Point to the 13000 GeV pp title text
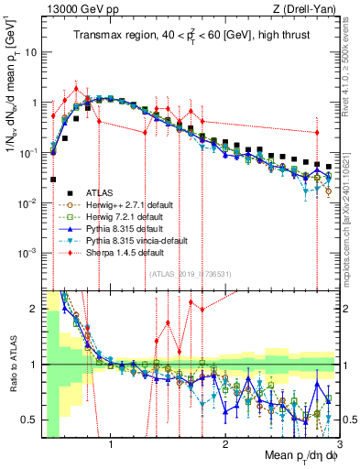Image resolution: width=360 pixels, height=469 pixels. click(x=75, y=8)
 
